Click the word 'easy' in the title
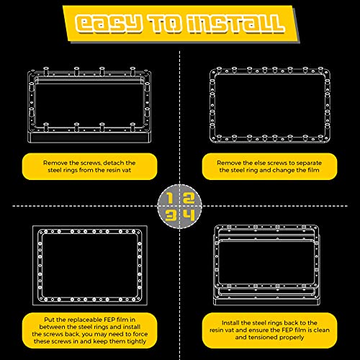click(108, 24)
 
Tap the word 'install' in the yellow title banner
click(235, 24)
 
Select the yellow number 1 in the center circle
click(170, 199)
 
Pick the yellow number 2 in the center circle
click(189, 199)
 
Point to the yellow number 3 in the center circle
click(171, 215)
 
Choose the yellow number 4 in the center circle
click(189, 215)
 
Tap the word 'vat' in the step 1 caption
click(126, 170)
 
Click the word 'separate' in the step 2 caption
click(309, 163)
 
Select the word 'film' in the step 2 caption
click(312, 170)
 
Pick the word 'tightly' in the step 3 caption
click(136, 341)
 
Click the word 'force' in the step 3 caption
click(140, 334)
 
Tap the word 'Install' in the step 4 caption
click(230, 323)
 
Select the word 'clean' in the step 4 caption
click(321, 330)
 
